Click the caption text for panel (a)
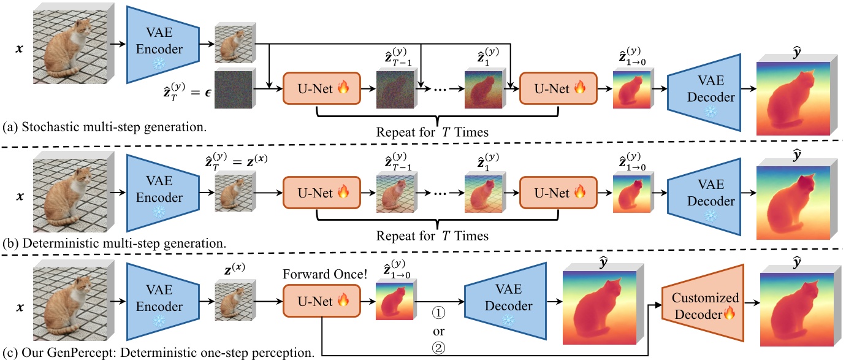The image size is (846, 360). [x=104, y=128]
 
